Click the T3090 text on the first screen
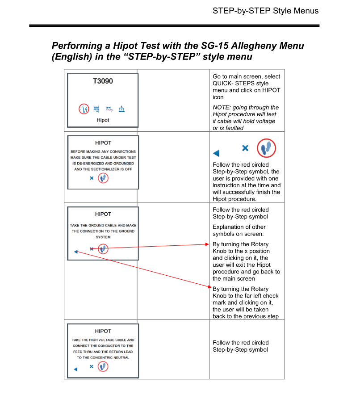point(103,82)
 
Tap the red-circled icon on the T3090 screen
point(84,109)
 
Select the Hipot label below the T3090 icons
point(103,120)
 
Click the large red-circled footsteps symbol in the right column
point(266,148)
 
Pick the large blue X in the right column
point(245,148)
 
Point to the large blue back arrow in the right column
point(217,153)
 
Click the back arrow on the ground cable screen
point(75,252)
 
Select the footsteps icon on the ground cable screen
point(103,248)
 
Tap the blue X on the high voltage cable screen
point(91,367)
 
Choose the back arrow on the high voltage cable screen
point(75,370)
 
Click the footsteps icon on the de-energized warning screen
point(103,178)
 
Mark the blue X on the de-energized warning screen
point(92,178)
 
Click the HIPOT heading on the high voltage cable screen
point(103,331)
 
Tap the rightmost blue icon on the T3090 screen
point(121,109)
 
